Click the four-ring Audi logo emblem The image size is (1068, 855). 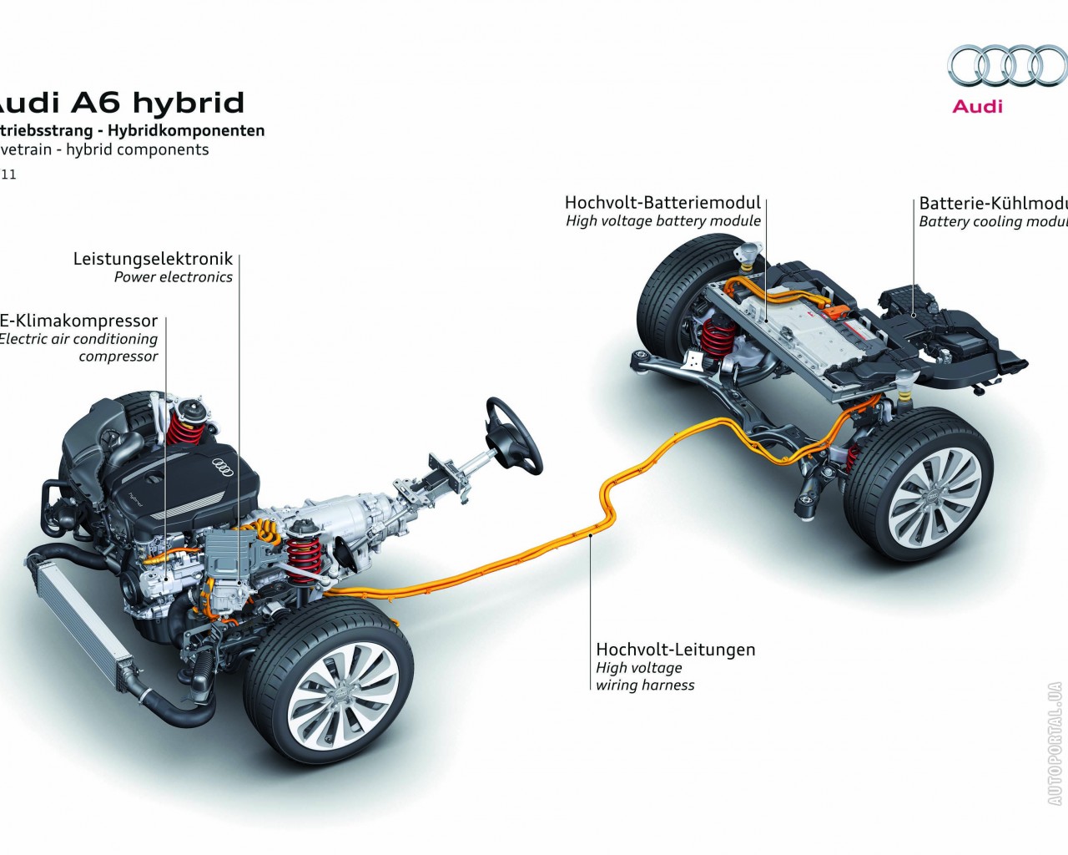1007,66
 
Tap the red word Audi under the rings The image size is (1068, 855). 978,106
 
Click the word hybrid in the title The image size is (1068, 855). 189,103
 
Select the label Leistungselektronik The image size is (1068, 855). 153,259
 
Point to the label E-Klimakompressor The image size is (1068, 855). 78,321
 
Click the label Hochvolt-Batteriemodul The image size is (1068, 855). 662,202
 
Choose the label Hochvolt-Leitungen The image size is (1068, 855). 675,649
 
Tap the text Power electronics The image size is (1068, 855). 174,277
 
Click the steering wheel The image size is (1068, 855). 512,434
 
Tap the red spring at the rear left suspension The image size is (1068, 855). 718,336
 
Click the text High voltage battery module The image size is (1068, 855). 662,221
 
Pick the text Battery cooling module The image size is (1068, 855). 993,221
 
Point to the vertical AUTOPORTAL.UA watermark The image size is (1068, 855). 1055,743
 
